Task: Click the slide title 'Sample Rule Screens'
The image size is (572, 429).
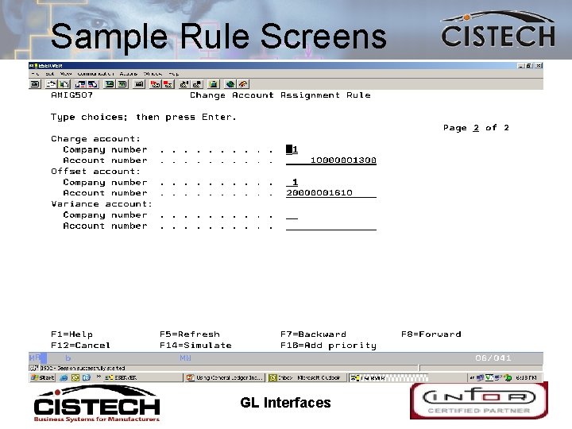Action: coord(218,37)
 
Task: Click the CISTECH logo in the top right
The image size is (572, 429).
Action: coord(498,31)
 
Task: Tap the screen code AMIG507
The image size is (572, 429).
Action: coord(71,95)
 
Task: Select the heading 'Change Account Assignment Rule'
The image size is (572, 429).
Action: coord(280,95)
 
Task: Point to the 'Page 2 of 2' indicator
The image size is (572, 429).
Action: coord(476,128)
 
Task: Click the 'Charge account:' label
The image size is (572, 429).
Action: coord(95,139)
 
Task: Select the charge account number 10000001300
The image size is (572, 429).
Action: coord(342,160)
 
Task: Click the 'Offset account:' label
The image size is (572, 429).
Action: coord(95,172)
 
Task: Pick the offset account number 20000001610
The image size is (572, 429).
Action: coord(319,193)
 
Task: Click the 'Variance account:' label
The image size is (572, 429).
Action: coord(101,204)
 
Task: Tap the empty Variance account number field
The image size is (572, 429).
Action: coord(330,226)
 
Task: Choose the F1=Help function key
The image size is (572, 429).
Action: coord(71,334)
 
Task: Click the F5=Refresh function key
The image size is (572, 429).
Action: coord(189,334)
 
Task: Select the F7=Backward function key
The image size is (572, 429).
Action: coord(313,334)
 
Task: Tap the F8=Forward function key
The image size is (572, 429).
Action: coord(431,334)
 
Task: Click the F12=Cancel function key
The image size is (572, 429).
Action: coord(80,346)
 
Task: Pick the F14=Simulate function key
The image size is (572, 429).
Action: coord(195,346)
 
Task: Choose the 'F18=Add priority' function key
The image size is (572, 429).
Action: coord(328,346)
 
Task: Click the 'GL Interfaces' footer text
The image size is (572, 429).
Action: coord(285,403)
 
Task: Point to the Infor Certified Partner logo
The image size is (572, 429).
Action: coord(478,400)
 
